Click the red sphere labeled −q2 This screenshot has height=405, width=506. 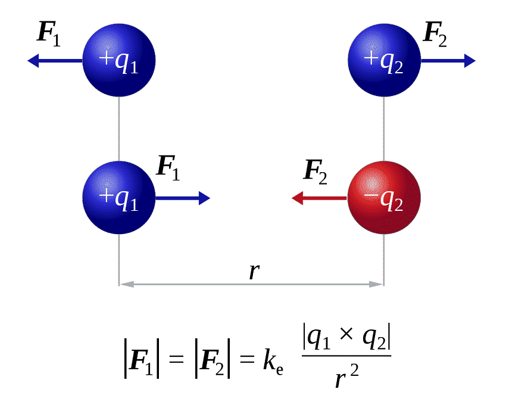[384, 198]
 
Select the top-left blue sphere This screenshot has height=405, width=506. [118, 60]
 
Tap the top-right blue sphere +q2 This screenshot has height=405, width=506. [384, 60]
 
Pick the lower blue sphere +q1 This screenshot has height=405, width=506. [118, 198]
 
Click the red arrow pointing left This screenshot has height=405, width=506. [318, 198]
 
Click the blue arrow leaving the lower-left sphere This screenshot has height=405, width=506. [182, 198]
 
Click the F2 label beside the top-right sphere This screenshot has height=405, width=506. [435, 33]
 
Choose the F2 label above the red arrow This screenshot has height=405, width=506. [316, 171]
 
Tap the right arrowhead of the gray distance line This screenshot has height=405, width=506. [379, 285]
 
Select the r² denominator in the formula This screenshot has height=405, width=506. [346, 377]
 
